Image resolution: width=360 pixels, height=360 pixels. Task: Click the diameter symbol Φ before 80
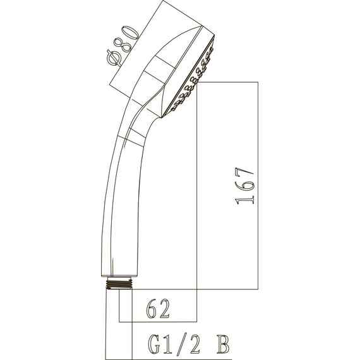click(115, 57)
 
